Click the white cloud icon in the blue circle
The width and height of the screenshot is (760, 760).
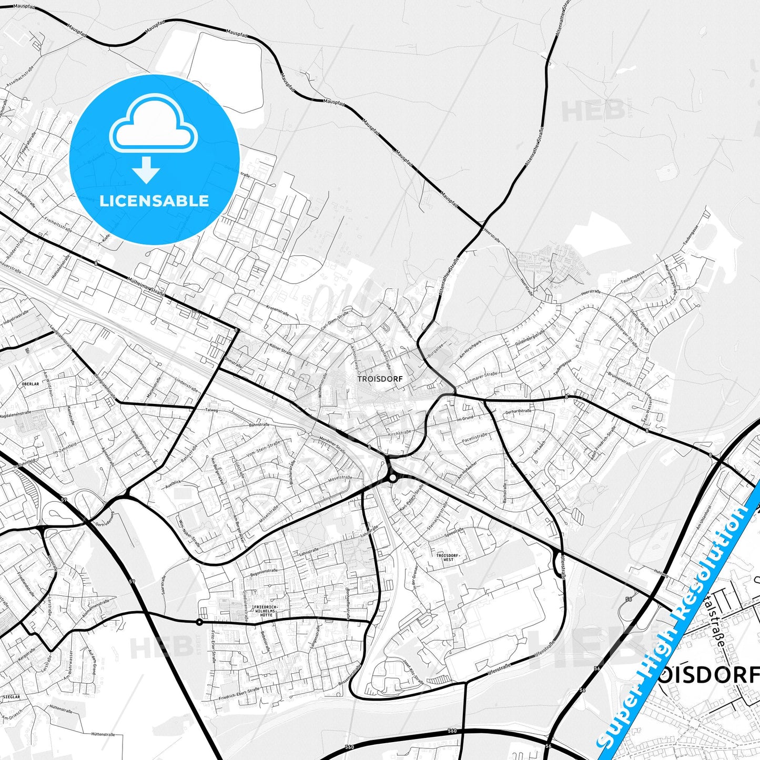154,126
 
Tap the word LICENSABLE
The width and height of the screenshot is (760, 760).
154,200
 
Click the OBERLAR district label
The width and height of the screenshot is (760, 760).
31,384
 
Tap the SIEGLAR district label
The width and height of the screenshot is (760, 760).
12,697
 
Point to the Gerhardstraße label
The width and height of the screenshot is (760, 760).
518,411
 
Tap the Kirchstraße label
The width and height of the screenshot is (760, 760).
399,433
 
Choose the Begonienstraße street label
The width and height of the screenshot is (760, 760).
264,570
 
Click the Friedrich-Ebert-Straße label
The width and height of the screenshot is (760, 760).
239,694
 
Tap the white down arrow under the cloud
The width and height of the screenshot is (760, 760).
146,169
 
